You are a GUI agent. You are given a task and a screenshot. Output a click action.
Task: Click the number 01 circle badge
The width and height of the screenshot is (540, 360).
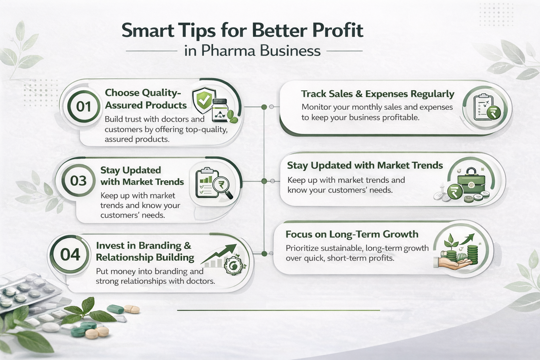[84, 107]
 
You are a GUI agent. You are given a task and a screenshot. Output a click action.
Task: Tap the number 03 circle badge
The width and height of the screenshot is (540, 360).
[78, 181]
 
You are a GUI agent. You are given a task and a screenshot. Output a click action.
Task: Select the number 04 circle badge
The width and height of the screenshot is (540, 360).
[70, 255]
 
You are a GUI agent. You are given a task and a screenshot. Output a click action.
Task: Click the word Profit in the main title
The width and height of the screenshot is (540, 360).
[337, 30]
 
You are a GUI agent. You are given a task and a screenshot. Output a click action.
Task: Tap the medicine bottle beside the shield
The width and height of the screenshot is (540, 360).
[220, 110]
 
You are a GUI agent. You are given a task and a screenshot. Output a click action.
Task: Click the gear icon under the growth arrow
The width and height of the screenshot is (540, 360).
[232, 266]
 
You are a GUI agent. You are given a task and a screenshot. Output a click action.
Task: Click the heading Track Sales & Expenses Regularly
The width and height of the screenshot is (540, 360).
[378, 94]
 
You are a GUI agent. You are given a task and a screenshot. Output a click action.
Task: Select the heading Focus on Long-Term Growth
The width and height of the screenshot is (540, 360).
[352, 234]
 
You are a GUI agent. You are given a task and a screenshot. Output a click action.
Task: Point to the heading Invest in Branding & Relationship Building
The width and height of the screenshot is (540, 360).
[144, 251]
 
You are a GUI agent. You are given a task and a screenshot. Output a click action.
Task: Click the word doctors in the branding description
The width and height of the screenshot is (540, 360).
[200, 281]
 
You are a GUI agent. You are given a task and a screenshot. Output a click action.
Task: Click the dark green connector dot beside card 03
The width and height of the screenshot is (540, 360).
[264, 181]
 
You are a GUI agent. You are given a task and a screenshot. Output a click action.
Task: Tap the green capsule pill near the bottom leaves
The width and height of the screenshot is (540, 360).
[115, 309]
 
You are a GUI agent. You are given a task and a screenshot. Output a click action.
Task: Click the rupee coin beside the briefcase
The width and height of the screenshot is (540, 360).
[454, 192]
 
